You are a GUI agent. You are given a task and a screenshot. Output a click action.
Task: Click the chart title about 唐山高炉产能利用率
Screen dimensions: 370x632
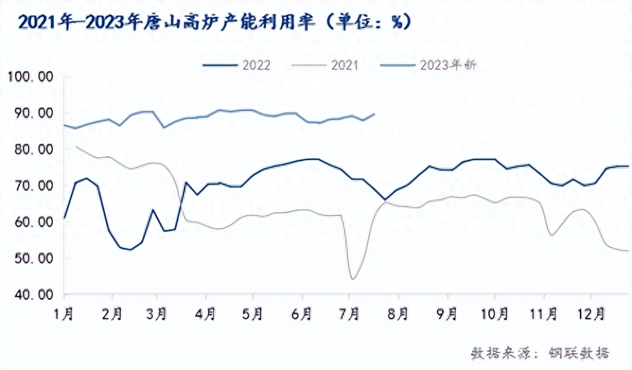214,21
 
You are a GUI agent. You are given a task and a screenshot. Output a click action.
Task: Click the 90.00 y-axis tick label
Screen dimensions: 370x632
34,114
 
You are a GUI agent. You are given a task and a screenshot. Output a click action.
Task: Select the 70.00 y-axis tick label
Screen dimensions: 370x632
34,186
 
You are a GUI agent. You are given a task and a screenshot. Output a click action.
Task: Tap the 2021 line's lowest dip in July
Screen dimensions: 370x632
352,279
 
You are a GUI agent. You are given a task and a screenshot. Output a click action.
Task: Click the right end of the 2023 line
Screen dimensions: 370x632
375,114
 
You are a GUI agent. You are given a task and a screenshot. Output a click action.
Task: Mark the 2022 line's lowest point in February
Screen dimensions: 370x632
131,249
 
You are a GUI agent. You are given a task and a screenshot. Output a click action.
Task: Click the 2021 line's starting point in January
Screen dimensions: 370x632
77,146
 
